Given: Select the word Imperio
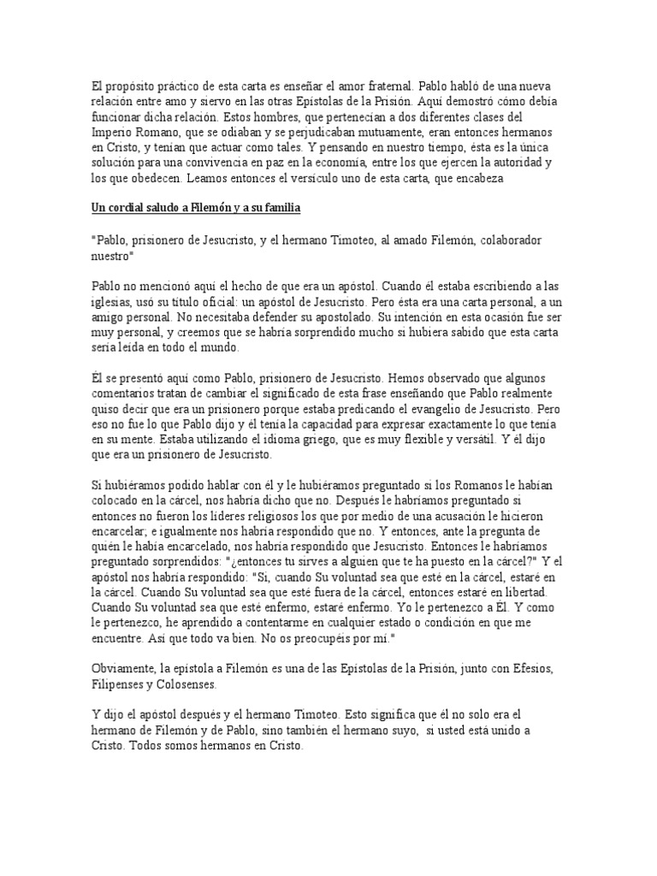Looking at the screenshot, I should point(115,133).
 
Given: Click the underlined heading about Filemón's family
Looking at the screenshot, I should point(197,210).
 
